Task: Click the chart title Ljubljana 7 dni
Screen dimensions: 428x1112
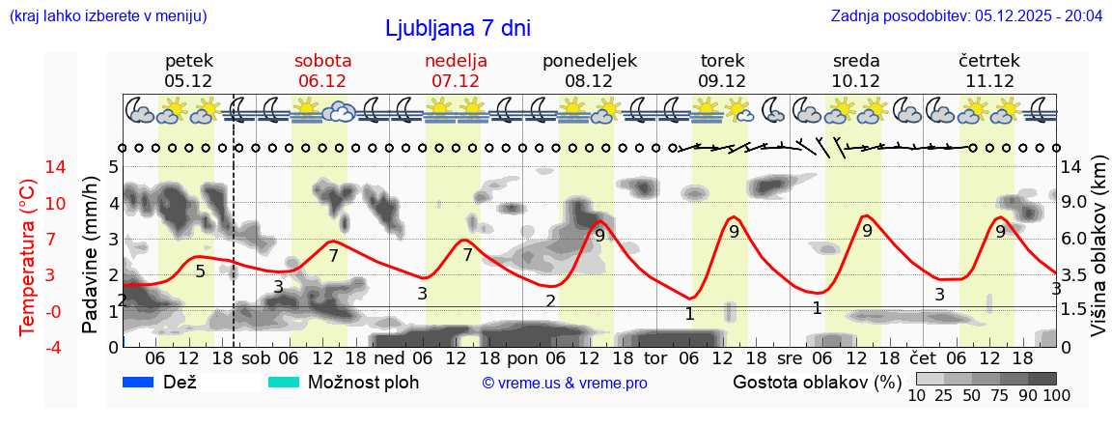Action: pyautogui.click(x=458, y=28)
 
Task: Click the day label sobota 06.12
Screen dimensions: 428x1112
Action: pyautogui.click(x=322, y=71)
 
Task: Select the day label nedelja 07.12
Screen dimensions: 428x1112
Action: pyautogui.click(x=456, y=71)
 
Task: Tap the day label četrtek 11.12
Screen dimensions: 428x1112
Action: pyautogui.click(x=988, y=71)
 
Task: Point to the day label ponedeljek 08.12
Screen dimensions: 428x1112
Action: pyautogui.click(x=589, y=71)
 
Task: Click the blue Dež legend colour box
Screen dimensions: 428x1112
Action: pyautogui.click(x=139, y=382)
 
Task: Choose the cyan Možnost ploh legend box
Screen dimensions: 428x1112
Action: pyautogui.click(x=283, y=382)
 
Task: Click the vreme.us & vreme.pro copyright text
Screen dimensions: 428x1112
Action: pyautogui.click(x=565, y=383)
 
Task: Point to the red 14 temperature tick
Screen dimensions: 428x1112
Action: pyautogui.click(x=29, y=167)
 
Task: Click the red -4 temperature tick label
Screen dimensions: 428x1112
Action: pyautogui.click(x=27, y=347)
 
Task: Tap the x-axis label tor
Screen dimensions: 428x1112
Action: pyautogui.click(x=655, y=357)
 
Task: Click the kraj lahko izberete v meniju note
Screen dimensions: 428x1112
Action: pyautogui.click(x=107, y=16)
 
